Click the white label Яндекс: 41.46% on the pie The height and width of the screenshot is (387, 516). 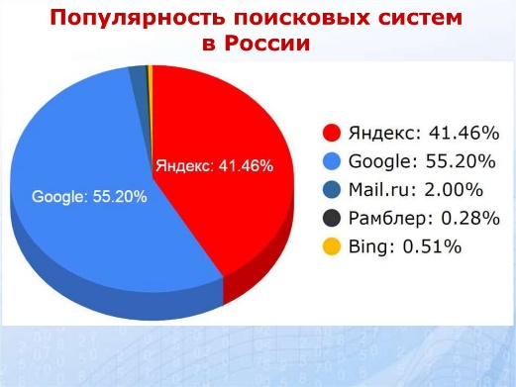tap(215, 165)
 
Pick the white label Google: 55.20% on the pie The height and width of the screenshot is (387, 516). tap(89, 197)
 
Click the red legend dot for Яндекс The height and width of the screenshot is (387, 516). tap(332, 133)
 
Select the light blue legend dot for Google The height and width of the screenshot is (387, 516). tap(332, 161)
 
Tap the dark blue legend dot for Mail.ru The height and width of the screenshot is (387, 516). tap(332, 190)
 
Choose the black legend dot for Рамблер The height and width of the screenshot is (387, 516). tap(332, 218)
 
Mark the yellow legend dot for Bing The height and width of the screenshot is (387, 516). tap(332, 246)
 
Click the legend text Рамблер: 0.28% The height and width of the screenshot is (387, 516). tap(424, 219)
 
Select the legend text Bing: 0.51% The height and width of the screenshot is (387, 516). tap(405, 247)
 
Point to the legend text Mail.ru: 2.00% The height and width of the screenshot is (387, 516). tap(416, 190)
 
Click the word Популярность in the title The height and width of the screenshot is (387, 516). tap(137, 19)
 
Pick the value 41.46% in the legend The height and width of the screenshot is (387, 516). tap(464, 133)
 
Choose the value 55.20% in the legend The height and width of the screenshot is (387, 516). tap(461, 161)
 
